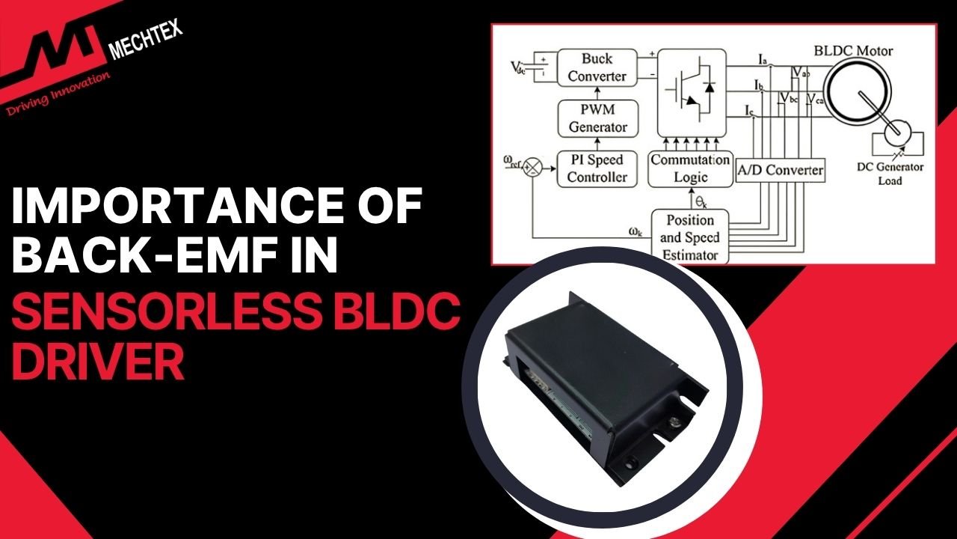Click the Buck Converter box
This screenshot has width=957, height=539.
[597, 67]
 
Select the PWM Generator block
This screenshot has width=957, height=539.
[597, 118]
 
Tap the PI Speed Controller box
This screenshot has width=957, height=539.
[597, 168]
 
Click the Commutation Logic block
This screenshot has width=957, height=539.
[689, 168]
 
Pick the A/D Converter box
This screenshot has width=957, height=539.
[780, 170]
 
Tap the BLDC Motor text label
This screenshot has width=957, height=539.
[853, 52]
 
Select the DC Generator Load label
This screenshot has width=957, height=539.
[889, 174]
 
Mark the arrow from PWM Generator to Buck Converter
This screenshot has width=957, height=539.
[597, 94]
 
